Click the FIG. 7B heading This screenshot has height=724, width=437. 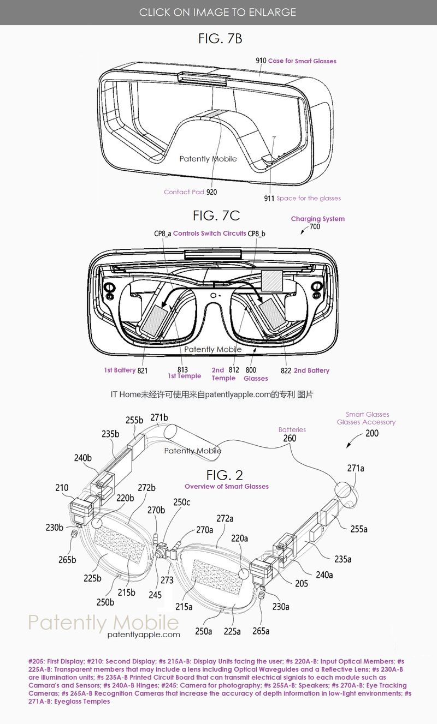[x=220, y=39]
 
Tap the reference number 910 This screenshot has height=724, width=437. [x=261, y=61]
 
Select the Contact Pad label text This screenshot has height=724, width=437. [x=184, y=192]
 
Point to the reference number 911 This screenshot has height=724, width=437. [x=269, y=198]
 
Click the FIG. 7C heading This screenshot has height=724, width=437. [x=216, y=216]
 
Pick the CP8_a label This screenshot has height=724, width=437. [x=162, y=234]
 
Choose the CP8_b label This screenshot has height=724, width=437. [x=256, y=234]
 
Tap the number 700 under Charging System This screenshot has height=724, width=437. [x=315, y=226]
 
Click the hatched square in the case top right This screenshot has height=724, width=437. [x=272, y=280]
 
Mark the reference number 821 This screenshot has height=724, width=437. [x=143, y=370]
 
